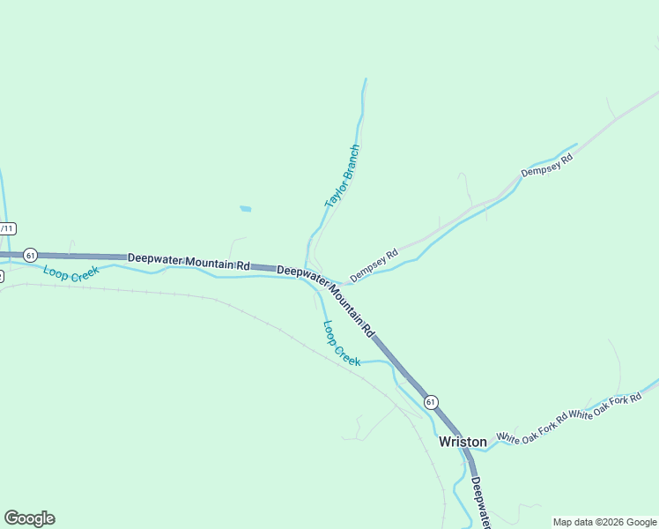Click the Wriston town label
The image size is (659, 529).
(463, 441)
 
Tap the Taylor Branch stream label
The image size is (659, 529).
(342, 176)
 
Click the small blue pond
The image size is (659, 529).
(245, 209)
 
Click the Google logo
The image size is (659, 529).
(29, 518)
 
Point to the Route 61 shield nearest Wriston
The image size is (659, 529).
(430, 402)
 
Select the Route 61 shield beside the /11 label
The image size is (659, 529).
(30, 255)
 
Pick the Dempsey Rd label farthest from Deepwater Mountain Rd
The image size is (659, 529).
(547, 165)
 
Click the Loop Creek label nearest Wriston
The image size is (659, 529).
(341, 343)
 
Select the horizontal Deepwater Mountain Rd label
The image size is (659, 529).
(189, 262)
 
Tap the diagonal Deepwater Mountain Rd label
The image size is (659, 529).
(327, 301)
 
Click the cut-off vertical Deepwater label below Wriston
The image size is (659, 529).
(480, 503)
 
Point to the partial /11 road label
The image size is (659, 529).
(7, 228)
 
